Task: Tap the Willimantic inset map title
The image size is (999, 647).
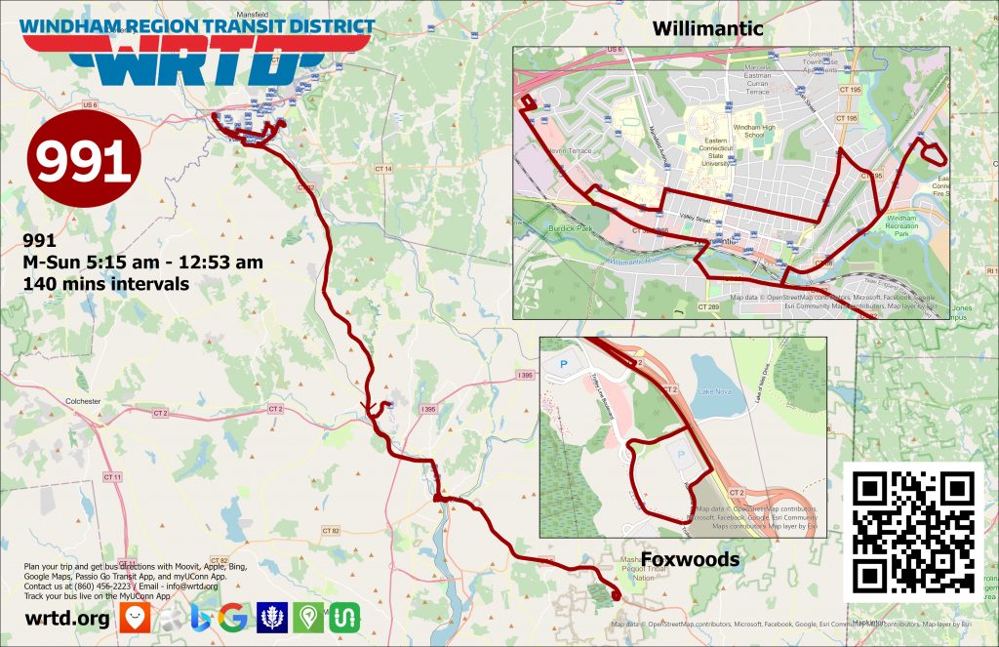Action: (707, 29)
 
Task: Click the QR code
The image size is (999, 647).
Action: (914, 532)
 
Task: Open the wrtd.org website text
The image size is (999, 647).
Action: (66, 619)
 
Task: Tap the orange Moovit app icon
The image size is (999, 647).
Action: (134, 617)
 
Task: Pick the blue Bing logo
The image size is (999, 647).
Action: (202, 617)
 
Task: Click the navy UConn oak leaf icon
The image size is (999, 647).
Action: (272, 617)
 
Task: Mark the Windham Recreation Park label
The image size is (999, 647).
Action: (902, 225)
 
